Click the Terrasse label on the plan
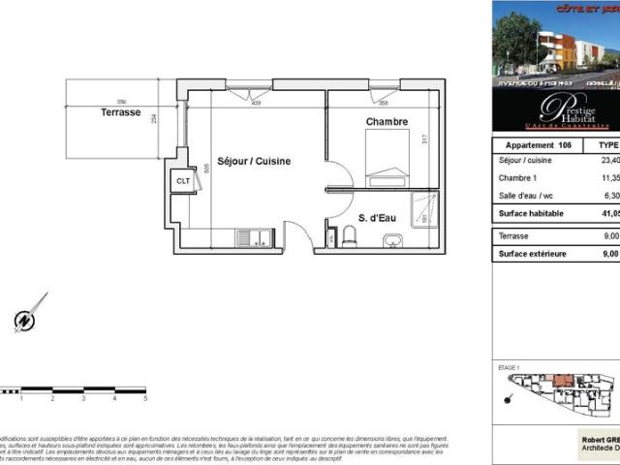(121, 112)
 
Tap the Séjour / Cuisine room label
(254, 161)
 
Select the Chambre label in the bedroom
(387, 121)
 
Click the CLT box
(182, 181)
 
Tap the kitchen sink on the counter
(254, 237)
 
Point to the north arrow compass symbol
(26, 317)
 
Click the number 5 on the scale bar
(145, 398)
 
